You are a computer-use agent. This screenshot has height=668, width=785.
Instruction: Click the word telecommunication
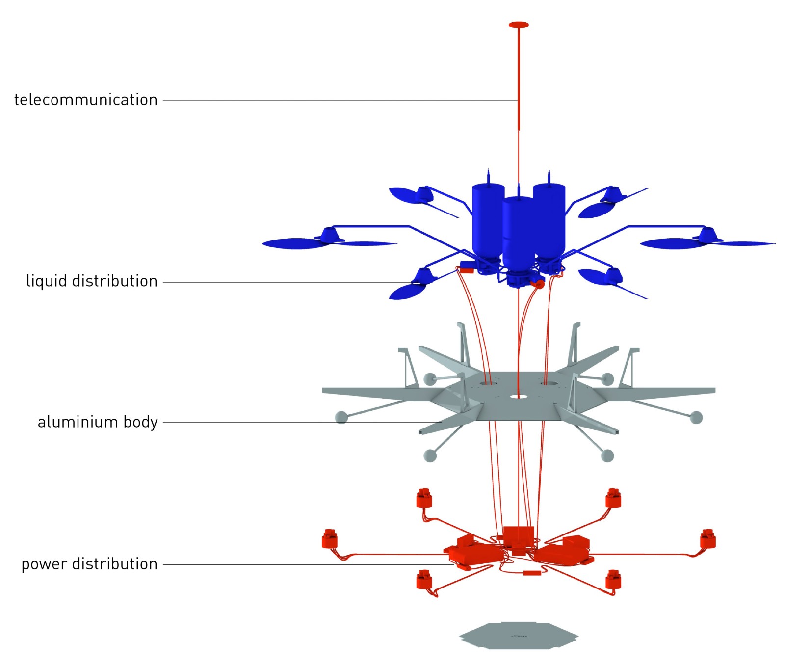pyautogui.click(x=86, y=100)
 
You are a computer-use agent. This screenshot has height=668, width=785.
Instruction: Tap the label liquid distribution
pyautogui.click(x=92, y=281)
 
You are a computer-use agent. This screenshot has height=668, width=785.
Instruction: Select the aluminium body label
pyautogui.click(x=98, y=422)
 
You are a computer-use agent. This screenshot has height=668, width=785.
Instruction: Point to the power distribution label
pyautogui.click(x=89, y=564)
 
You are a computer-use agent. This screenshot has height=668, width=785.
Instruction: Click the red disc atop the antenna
pyautogui.click(x=519, y=25)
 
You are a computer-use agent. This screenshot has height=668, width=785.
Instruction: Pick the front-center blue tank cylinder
pyautogui.click(x=518, y=231)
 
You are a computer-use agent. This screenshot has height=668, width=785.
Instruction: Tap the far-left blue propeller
pyautogui.click(x=299, y=243)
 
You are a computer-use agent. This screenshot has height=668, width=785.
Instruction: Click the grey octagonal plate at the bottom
pyautogui.click(x=519, y=636)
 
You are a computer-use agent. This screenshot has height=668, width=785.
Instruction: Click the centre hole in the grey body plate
pyautogui.click(x=518, y=396)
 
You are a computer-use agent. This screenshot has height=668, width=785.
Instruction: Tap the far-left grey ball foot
pyautogui.click(x=341, y=417)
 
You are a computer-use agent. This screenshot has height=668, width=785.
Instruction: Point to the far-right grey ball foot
pyautogui.click(x=696, y=417)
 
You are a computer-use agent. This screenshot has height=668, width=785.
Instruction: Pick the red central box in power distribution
pyautogui.click(x=518, y=536)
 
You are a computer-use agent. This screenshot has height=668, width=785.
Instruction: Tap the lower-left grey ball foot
pyautogui.click(x=430, y=455)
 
